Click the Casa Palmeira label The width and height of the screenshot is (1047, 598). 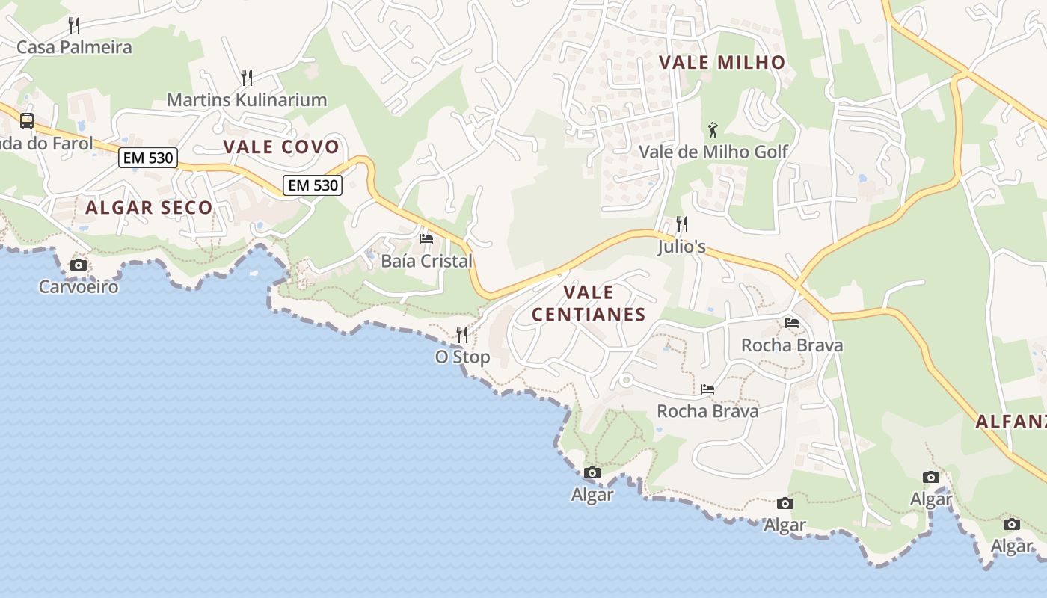click(74, 47)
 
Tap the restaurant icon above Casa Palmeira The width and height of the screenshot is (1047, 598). click(74, 25)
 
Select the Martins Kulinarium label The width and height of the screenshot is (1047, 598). click(247, 99)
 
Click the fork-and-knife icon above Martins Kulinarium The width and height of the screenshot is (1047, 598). click(247, 77)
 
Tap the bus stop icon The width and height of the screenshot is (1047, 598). click(27, 120)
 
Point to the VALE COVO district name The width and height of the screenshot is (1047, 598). click(281, 147)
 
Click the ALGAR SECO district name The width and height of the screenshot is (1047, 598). click(149, 207)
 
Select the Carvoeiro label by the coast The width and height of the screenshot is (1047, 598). click(79, 286)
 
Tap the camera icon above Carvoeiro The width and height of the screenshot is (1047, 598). click(79, 265)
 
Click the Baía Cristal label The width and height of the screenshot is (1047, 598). click(426, 261)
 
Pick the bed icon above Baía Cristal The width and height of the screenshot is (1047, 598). click(426, 239)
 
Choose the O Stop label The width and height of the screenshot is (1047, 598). click(462, 357)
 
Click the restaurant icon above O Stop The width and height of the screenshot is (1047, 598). click(462, 334)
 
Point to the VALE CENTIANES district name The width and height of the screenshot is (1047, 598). click(589, 303)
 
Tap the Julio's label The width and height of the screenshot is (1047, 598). click(681, 246)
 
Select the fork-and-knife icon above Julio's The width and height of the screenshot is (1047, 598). click(681, 224)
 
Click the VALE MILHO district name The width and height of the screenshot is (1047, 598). click(722, 62)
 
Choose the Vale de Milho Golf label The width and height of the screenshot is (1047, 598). click(713, 152)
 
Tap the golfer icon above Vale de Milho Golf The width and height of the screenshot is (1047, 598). click(713, 130)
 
